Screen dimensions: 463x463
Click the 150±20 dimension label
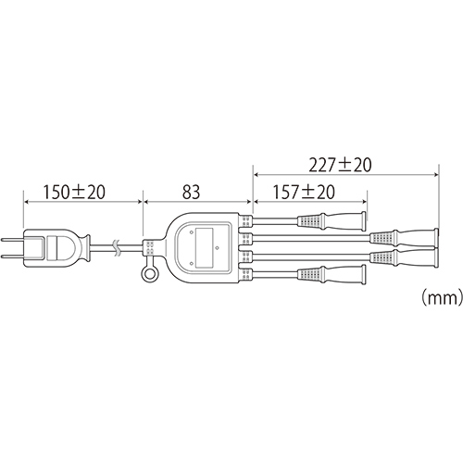click(x=74, y=192)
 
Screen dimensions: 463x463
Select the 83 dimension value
click(x=191, y=192)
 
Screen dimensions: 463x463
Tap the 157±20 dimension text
click(x=304, y=192)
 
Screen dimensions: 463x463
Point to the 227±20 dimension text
click(x=340, y=165)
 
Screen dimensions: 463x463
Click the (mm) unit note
click(x=442, y=297)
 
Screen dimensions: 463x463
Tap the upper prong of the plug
click(x=13, y=240)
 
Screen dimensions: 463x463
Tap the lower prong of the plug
click(x=13, y=257)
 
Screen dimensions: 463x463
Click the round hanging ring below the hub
click(x=149, y=274)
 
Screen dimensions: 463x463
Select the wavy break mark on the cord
click(x=117, y=248)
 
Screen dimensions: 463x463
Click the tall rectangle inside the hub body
click(x=205, y=248)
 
